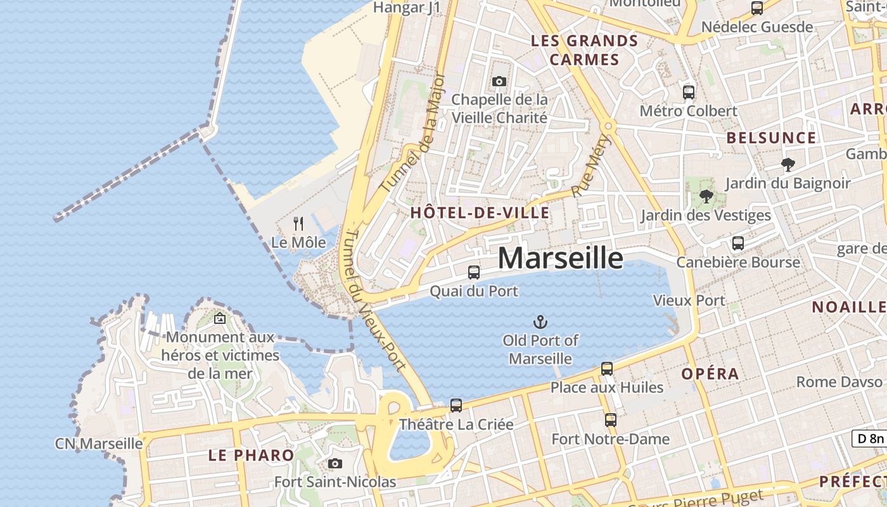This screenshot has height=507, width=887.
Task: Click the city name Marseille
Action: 560,259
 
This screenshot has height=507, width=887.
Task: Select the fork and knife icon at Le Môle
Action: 298,224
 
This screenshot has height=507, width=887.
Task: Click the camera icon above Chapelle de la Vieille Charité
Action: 499,81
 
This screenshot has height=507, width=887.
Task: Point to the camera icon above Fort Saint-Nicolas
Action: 335,463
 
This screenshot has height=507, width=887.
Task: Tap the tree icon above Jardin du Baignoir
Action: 788,165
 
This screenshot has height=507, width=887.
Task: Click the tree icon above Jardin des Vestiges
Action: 706,196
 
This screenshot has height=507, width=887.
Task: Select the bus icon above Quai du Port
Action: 473,273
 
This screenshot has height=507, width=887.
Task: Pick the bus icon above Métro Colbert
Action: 689,93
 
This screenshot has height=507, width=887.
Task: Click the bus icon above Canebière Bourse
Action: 737,243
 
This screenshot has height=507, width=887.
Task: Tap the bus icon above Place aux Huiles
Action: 606,368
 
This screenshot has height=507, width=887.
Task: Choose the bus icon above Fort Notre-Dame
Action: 610,420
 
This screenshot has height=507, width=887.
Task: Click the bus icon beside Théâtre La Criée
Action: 456,406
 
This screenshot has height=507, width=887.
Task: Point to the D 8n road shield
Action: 869,439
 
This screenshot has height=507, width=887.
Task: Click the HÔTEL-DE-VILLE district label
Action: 480,213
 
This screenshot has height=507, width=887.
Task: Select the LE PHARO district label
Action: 251,455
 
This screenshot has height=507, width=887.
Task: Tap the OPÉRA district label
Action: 710,374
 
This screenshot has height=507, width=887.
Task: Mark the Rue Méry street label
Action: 584,167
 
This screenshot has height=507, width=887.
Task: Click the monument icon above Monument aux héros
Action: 220,319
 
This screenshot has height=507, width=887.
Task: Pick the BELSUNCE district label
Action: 771,138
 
